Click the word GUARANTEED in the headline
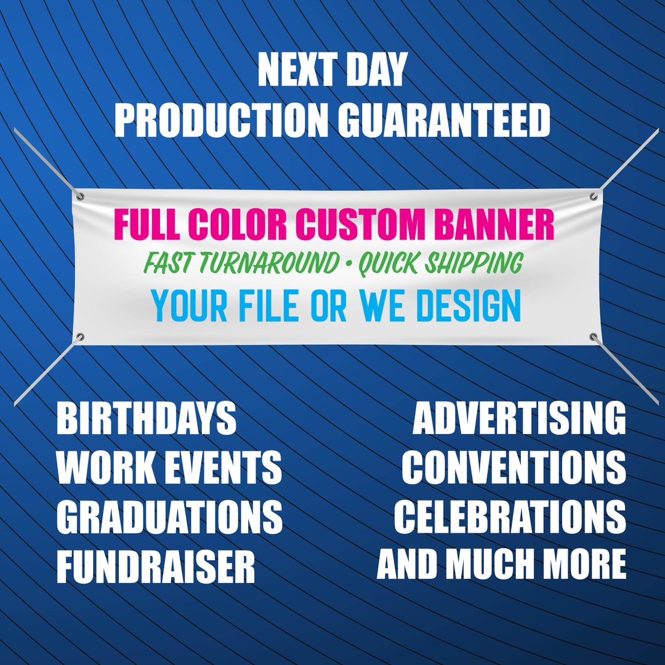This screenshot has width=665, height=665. coord(443,120)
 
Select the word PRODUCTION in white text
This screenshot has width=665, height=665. coord(221,120)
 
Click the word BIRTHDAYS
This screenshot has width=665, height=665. coord(147,419)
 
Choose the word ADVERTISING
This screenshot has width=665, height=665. coord(519,419)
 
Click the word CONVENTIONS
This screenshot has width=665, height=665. coord(514,467)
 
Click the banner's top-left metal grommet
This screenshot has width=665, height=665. coord(80,196)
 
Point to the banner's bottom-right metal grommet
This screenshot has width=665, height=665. coord(594,336)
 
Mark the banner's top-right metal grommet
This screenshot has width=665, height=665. coord(594,198)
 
